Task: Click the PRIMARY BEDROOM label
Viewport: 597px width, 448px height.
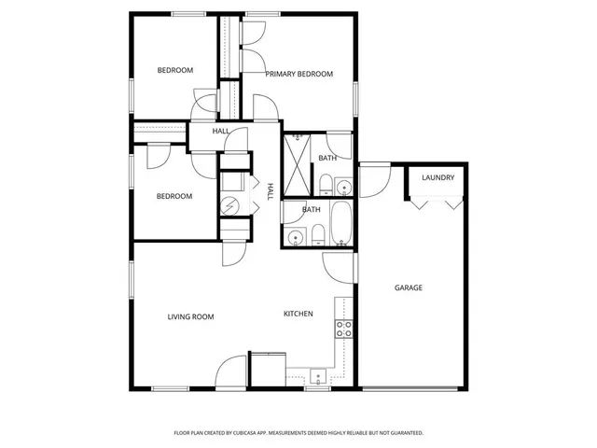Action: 298,74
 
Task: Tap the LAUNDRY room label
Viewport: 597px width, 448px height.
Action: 437,177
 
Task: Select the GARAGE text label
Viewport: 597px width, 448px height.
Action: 408,287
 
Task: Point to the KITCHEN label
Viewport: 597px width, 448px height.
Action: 298,314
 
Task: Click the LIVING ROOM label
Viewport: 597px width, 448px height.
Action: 190,316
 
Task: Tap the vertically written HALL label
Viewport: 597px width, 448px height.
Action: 271,191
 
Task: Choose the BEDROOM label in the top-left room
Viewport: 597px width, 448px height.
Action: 174,70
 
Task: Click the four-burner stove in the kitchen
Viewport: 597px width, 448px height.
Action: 343,329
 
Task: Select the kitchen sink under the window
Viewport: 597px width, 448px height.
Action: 317,378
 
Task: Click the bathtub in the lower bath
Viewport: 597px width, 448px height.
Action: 341,224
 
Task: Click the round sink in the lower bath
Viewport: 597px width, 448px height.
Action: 296,237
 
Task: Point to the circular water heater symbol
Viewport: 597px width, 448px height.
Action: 229,205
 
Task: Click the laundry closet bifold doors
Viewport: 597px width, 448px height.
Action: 437,202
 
